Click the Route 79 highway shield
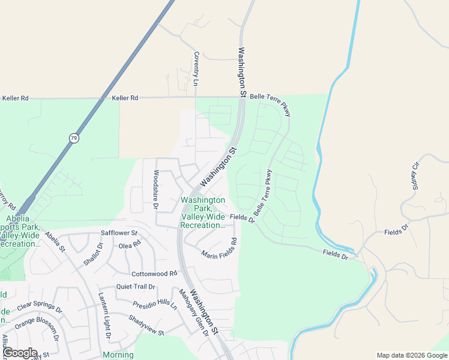tap(73, 138)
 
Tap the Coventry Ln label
tap(196, 67)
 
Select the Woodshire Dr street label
tap(155, 190)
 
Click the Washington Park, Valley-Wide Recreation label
tap(203, 212)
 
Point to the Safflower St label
tap(119, 233)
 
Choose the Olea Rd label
tap(129, 245)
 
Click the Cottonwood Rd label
tap(155, 273)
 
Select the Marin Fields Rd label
tap(219, 249)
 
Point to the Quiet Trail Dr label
tap(136, 287)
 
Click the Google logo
tap(19, 353)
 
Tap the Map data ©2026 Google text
tap(411, 355)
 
